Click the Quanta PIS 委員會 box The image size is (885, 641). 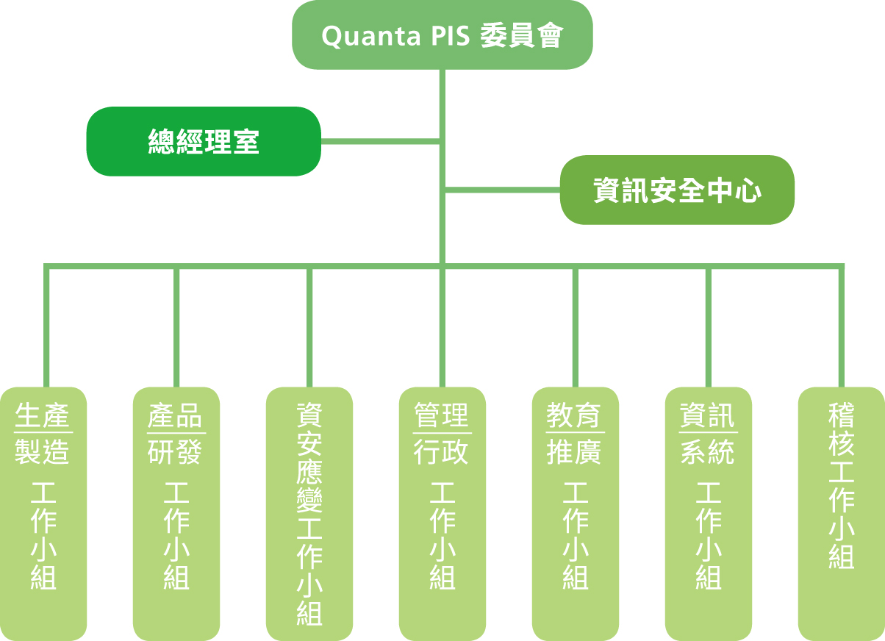pyautogui.click(x=442, y=35)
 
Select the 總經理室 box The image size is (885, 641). pyautogui.click(x=204, y=141)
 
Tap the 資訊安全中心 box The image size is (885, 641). pyautogui.click(x=677, y=190)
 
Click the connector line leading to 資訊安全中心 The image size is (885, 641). pyautogui.click(x=503, y=190)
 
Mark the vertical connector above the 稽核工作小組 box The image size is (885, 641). pyautogui.click(x=842, y=327)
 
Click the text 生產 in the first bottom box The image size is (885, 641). pyautogui.click(x=43, y=417)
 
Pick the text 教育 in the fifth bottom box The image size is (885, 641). pyautogui.click(x=575, y=417)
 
